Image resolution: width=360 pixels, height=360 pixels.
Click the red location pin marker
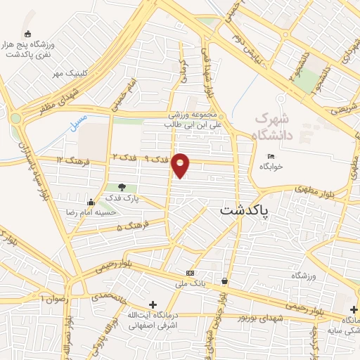[181, 165]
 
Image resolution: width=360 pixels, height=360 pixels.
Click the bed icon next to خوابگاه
[271, 156]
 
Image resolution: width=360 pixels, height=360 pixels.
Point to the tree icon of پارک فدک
[122, 187]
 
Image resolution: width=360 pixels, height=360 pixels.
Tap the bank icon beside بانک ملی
[190, 273]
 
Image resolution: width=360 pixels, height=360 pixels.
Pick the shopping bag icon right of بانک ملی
[224, 281]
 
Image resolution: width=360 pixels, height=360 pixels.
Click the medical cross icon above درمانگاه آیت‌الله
[153, 304]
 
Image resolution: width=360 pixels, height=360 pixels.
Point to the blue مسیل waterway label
[78, 124]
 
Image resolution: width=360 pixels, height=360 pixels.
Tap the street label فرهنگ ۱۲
[70, 160]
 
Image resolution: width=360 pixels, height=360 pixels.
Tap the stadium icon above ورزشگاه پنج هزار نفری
[27, 34]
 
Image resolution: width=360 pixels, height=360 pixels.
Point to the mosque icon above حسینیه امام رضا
[90, 202]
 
